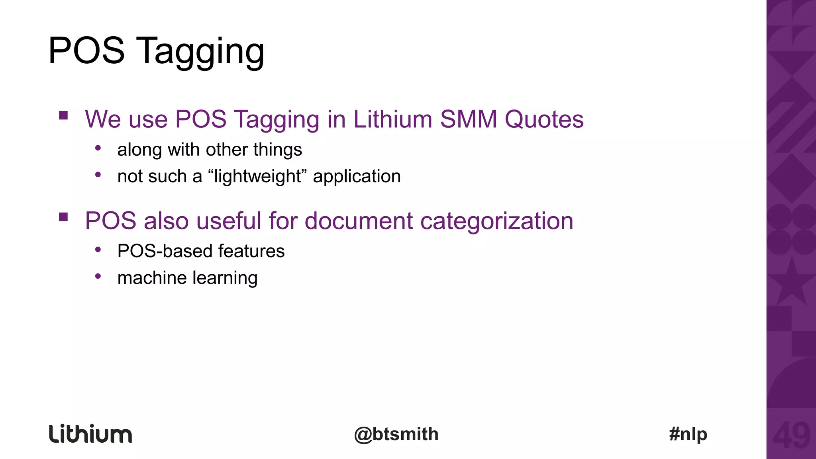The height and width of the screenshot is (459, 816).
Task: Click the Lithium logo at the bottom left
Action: [x=90, y=434]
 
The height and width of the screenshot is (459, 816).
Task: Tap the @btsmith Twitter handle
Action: [x=396, y=434]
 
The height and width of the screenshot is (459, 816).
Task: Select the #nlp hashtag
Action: [x=688, y=434]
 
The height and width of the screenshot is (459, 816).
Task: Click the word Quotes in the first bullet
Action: [x=544, y=119]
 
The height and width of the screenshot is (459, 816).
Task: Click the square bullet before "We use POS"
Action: [x=63, y=116]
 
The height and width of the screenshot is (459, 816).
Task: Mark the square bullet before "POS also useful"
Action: [x=63, y=217]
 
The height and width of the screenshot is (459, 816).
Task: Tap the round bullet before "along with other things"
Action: [x=98, y=148]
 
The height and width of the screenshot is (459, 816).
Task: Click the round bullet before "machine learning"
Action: [x=98, y=276]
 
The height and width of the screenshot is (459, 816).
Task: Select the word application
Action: [x=357, y=176]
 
